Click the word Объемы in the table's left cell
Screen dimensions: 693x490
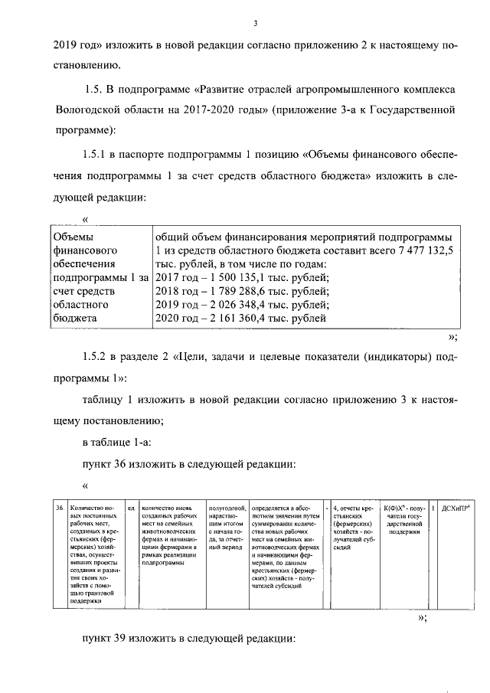[73, 236]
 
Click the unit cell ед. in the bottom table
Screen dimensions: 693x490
[131, 508]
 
